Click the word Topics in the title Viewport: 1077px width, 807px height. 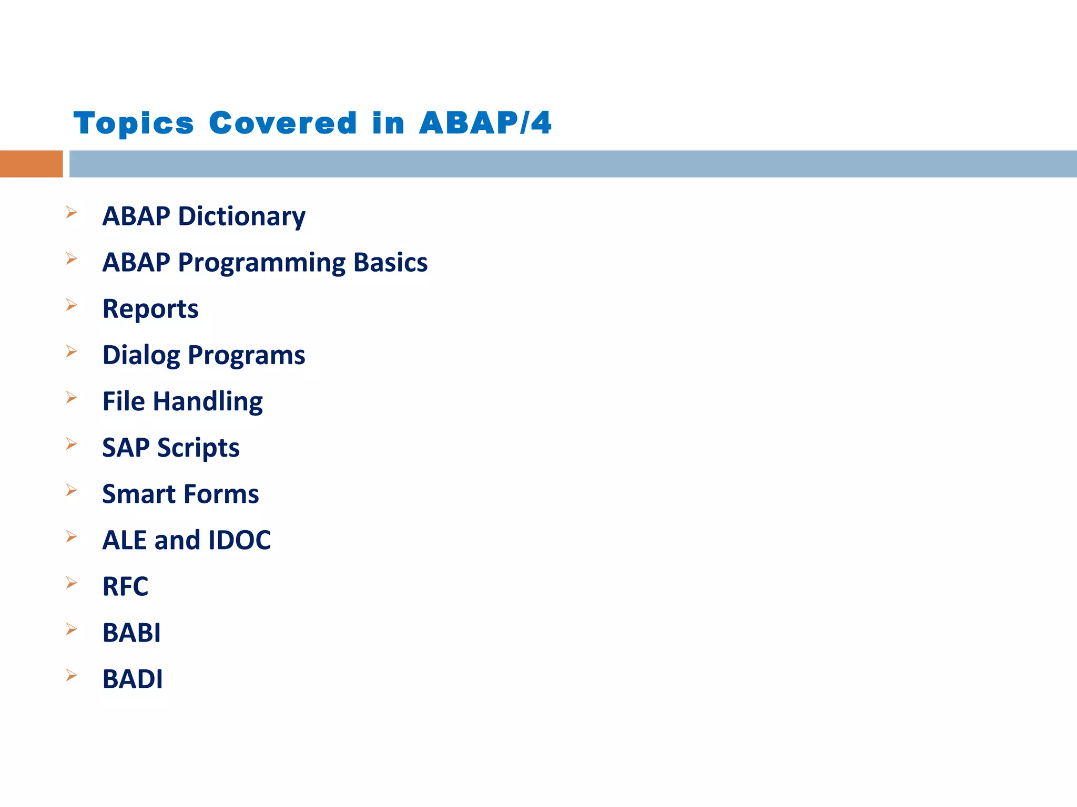[x=134, y=123]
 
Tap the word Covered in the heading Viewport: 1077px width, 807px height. [x=283, y=123]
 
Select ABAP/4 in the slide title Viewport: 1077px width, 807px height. [x=485, y=123]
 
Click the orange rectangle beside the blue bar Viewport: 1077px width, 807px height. [x=31, y=164]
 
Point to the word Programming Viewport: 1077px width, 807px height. [x=261, y=263]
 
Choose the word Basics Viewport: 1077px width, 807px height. [x=390, y=263]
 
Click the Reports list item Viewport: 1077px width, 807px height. [x=150, y=309]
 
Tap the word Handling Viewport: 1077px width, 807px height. [x=208, y=401]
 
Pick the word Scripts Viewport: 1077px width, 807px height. [x=198, y=448]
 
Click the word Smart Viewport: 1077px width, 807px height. [x=138, y=494]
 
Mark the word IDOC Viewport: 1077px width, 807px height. [x=239, y=540]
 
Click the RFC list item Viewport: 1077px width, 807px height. [x=125, y=586]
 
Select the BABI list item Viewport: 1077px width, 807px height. [x=131, y=633]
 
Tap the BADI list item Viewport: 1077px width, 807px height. [x=133, y=679]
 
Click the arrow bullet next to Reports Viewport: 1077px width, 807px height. [x=72, y=305]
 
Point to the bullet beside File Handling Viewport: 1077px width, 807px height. [x=72, y=397]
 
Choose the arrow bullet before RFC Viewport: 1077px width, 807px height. [x=72, y=583]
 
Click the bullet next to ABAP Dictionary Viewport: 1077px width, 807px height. [x=72, y=212]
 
